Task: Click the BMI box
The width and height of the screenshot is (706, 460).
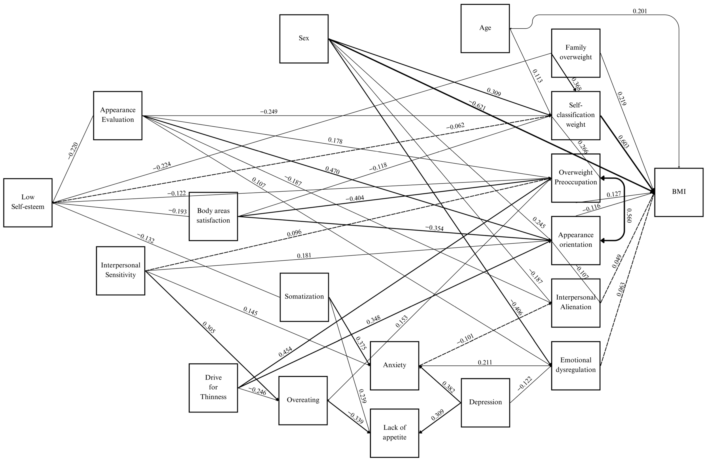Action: point(679,192)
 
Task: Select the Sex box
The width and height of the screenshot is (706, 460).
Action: point(304,39)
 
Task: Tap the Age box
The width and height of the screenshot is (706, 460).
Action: point(485,28)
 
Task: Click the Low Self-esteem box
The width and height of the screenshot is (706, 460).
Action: point(28,203)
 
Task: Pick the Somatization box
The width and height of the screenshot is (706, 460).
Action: point(304,297)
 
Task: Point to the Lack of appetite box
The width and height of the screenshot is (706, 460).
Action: point(394,433)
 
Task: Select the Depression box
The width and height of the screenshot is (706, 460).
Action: point(485,402)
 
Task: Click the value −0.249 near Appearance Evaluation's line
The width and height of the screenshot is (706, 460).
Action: point(269,112)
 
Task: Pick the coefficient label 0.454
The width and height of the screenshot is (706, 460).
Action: point(285,352)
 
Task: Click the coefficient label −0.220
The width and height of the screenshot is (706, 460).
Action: point(73,151)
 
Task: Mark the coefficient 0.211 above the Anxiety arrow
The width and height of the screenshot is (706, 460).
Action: point(485,362)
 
